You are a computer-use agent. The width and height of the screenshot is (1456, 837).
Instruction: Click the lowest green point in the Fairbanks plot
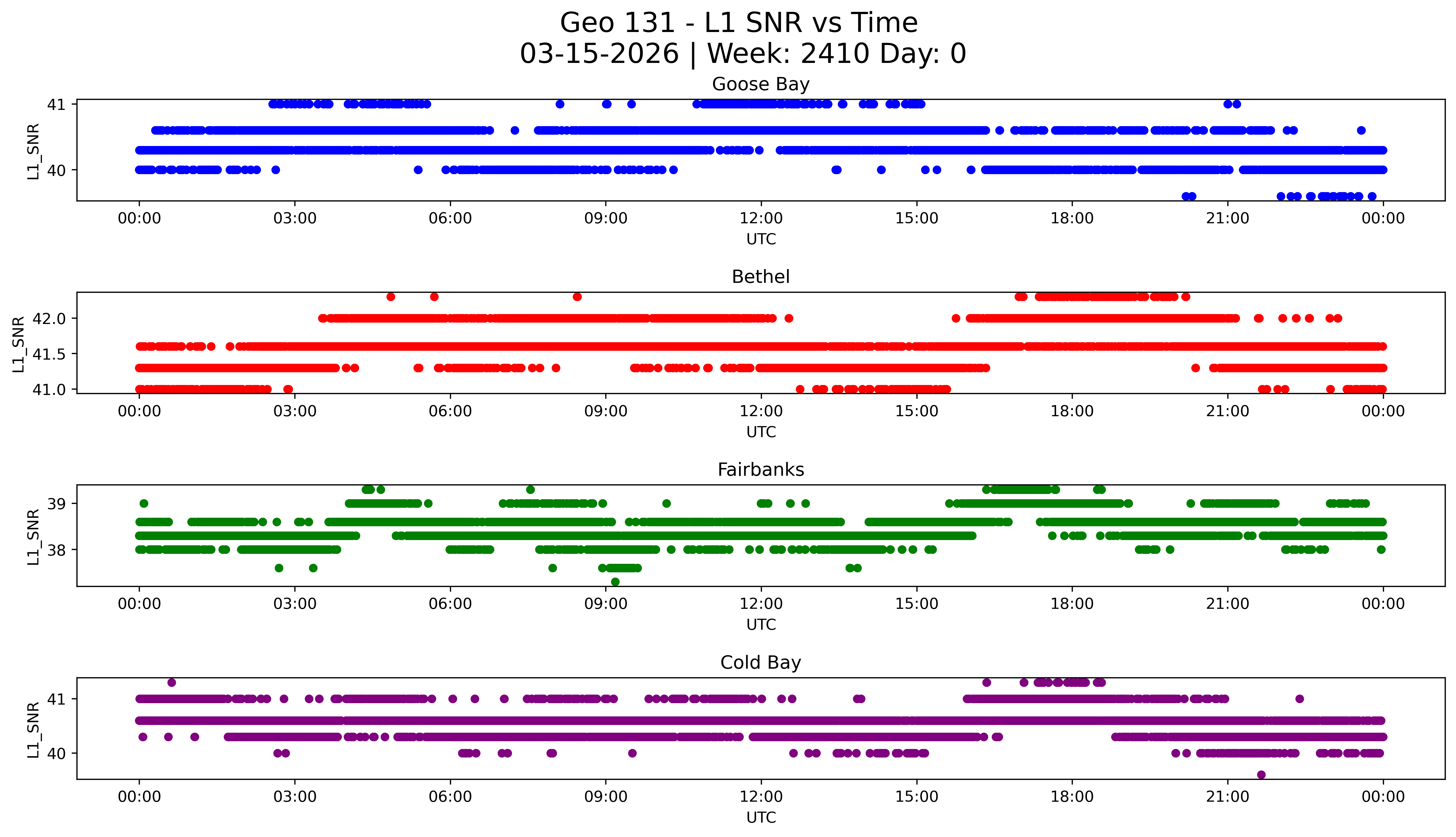click(x=615, y=582)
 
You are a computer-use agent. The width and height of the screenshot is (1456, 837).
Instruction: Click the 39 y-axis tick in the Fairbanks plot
click(x=56, y=504)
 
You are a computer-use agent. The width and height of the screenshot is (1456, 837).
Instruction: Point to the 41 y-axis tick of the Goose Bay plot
click(x=56, y=105)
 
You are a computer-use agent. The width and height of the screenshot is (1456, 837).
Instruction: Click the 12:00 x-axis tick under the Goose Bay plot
click(x=761, y=219)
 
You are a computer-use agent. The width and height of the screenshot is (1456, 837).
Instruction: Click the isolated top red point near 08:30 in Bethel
click(x=577, y=297)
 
